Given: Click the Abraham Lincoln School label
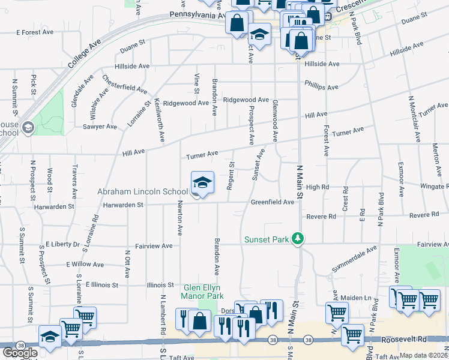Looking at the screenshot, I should click(142, 192).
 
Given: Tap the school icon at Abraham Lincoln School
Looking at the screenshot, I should click(202, 183).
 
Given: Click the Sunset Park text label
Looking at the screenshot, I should click(267, 239).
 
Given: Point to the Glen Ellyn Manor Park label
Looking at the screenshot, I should click(203, 292).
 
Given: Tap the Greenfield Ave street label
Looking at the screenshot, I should click(273, 202).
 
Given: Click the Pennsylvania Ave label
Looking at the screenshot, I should click(196, 14).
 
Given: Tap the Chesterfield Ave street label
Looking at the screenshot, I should click(124, 84).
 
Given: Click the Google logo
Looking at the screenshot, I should click(19, 353).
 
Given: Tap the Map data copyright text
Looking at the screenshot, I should click(424, 355).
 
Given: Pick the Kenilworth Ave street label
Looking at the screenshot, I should click(159, 120).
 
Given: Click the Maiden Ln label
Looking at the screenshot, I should click(356, 298).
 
